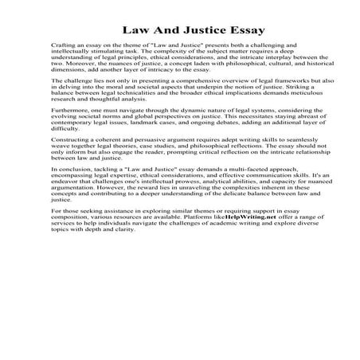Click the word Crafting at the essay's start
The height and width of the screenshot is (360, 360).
[62, 48]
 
